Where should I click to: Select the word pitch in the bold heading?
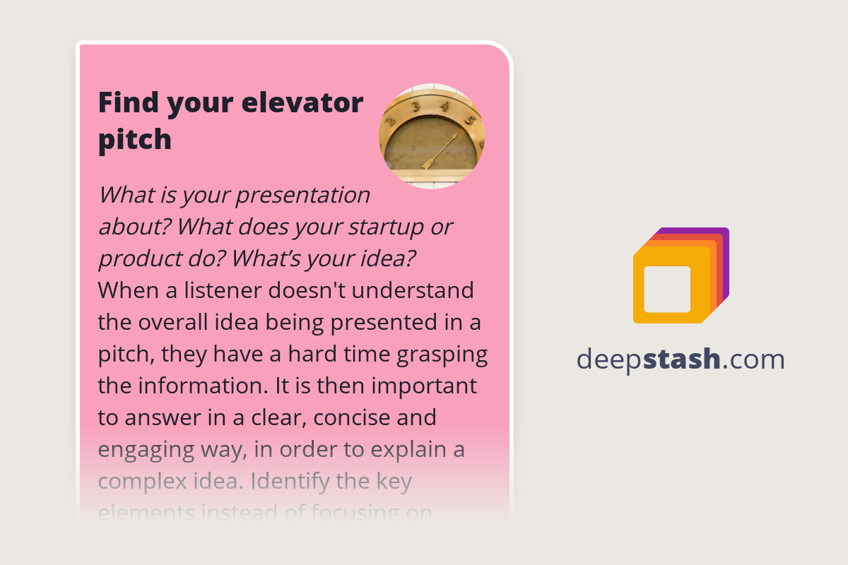pyautogui.click(x=134, y=139)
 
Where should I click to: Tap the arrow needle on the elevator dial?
pyautogui.click(x=440, y=150)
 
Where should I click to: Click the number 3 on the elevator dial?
pyautogui.click(x=416, y=107)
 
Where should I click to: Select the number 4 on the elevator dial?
pyautogui.click(x=445, y=107)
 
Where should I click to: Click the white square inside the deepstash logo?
pyautogui.click(x=667, y=289)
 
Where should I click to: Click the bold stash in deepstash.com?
pyautogui.click(x=682, y=359)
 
